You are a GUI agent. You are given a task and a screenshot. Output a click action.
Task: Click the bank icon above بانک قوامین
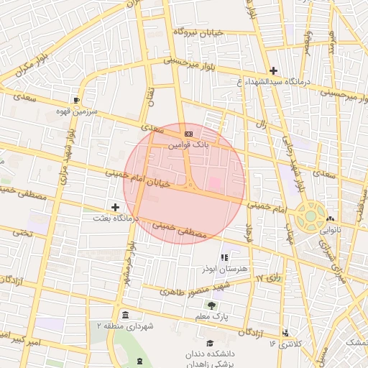click(189, 134)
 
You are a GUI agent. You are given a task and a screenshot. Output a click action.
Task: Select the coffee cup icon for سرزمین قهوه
click(77, 100)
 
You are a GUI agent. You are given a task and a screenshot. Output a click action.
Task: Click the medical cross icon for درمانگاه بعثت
click(115, 207)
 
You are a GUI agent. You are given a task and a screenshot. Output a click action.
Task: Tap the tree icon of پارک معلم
click(211, 305)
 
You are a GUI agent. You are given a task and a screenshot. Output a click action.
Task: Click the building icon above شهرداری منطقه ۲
click(126, 315)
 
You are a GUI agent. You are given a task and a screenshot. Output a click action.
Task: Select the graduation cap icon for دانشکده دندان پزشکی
click(210, 343)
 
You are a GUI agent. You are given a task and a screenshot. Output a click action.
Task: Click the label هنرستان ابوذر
click(224, 267)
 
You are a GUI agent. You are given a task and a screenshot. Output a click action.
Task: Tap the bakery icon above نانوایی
click(329, 219)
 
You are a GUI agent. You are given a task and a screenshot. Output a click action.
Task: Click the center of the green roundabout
click(310, 214)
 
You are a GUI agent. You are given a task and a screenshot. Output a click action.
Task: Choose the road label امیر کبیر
click(25, 336)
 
